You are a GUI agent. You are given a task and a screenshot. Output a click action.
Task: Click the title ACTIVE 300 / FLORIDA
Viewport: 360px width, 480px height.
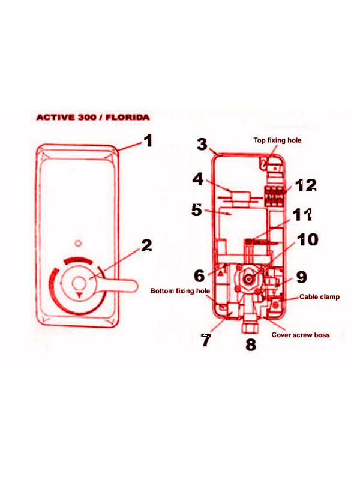93,117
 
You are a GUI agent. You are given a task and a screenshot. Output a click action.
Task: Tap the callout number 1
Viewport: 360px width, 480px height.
148,141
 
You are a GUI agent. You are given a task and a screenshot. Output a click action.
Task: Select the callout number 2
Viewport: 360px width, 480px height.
146,245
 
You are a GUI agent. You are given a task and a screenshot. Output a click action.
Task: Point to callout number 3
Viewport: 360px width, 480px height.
202,144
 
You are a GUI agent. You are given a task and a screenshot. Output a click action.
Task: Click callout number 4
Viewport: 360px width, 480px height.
198,179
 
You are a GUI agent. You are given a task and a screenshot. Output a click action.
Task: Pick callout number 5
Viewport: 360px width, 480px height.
197,210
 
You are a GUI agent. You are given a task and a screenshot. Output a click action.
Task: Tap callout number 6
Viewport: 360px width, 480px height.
199,275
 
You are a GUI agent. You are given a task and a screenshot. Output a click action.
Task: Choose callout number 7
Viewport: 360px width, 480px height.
206,340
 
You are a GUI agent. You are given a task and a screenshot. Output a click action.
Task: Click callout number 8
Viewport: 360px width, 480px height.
251,344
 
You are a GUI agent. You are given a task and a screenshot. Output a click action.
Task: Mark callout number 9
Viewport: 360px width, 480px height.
302,277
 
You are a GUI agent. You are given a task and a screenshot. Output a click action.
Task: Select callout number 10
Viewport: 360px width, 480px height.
308,239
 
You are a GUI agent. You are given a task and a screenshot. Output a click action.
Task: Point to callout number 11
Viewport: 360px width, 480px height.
302,215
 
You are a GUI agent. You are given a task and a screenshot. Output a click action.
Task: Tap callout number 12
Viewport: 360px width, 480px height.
306,185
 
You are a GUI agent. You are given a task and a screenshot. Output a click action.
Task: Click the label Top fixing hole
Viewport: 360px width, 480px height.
277,140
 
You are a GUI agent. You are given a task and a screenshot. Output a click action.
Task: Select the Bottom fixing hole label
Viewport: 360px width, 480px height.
180,291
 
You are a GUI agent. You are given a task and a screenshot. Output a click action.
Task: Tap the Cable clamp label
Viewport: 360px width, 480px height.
319,296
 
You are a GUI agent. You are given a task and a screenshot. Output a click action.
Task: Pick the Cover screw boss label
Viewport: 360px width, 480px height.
301,335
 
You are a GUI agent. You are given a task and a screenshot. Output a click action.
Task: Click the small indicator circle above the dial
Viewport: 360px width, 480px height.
79,244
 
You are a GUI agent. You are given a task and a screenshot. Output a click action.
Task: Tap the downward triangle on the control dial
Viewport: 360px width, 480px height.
80,295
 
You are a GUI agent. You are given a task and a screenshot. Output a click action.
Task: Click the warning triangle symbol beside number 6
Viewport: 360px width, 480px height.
221,273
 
